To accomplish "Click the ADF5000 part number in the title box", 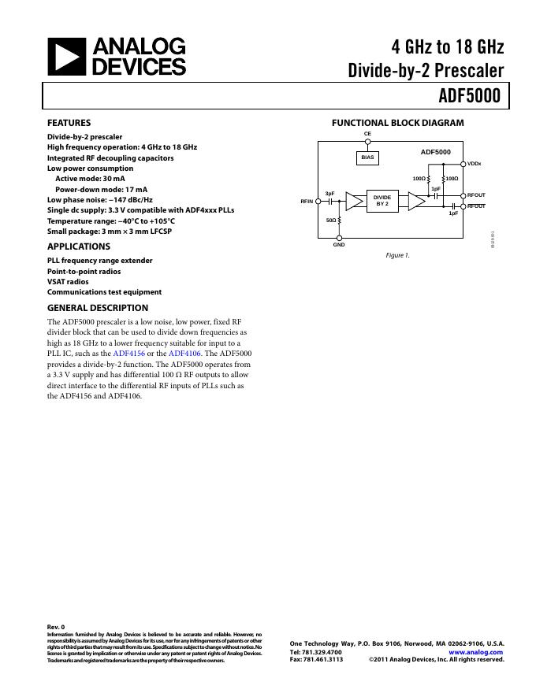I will [471, 96].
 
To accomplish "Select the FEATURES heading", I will [69, 123].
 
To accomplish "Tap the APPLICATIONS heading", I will [79, 246].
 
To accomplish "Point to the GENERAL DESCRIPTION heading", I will [98, 308].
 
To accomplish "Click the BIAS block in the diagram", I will [367, 157].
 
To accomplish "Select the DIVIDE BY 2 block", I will [382, 201].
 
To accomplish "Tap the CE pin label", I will [367, 134].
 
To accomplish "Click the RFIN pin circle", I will [318, 202].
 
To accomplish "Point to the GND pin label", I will [339, 246].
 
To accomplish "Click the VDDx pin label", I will [475, 164].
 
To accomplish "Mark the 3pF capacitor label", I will [330, 193].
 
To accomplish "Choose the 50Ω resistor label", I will [331, 220].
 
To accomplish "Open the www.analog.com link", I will [475, 652].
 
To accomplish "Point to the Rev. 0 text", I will [57, 627].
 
